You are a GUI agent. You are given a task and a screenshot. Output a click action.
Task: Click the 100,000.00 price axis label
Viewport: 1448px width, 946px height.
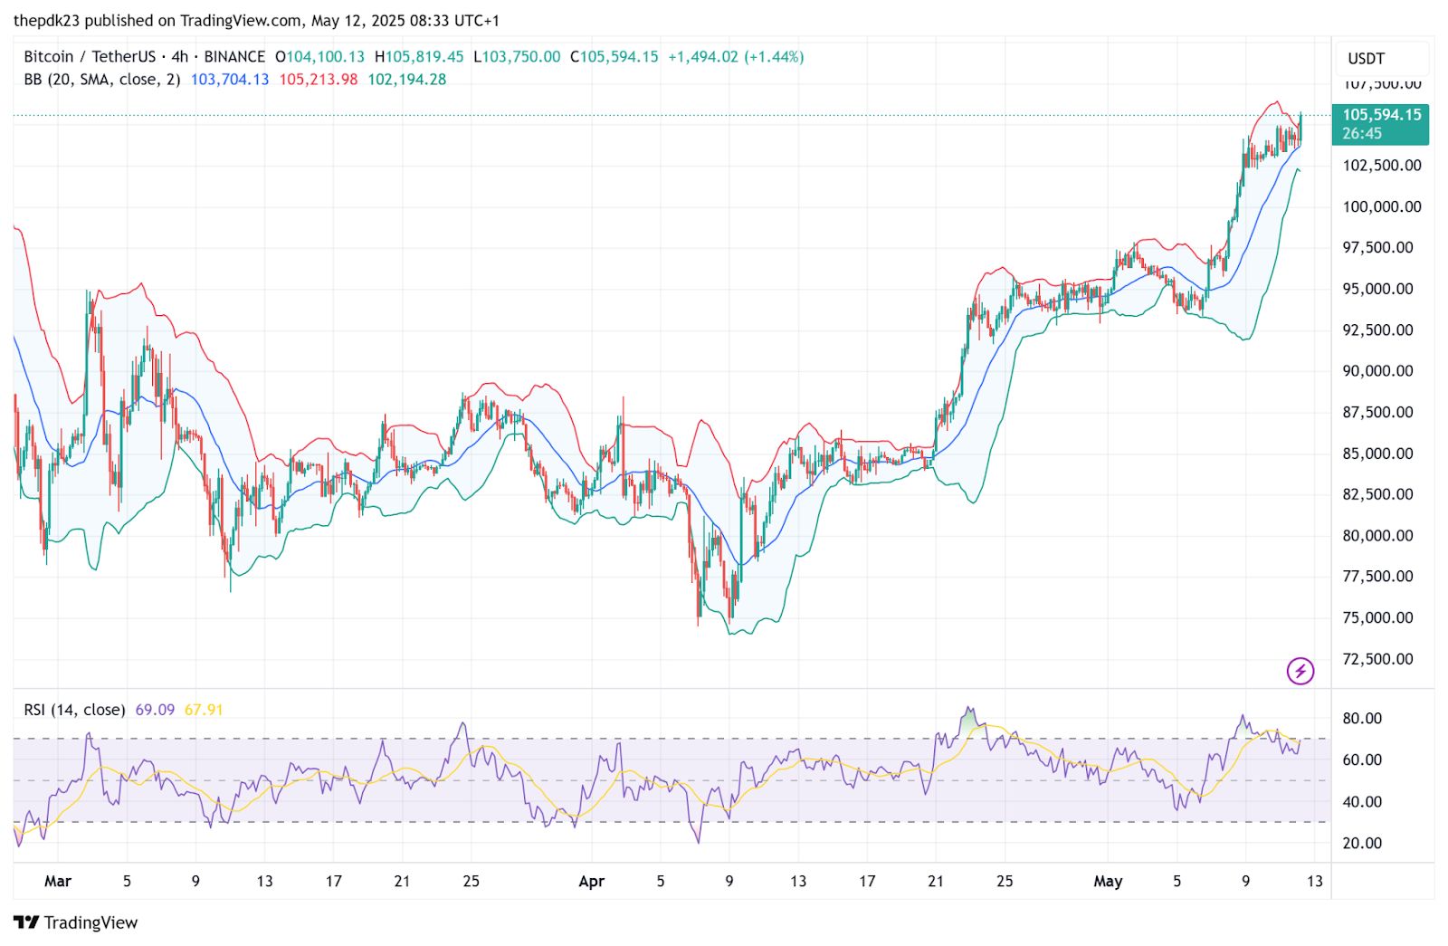tap(1381, 206)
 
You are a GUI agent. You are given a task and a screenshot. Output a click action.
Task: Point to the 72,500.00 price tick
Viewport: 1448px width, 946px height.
tap(1377, 659)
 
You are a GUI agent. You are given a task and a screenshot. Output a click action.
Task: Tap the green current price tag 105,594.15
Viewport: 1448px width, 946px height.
tap(1381, 124)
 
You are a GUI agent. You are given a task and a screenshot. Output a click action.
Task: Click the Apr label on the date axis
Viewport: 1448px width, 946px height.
tap(591, 881)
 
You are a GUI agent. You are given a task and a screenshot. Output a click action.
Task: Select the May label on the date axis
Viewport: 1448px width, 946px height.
tap(1108, 881)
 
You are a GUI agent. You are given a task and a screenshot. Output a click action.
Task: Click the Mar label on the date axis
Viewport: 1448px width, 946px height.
tap(58, 881)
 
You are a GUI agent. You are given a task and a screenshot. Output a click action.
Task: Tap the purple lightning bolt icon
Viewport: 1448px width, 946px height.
tap(1300, 671)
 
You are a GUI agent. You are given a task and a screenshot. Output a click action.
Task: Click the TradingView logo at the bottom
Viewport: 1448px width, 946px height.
tap(77, 922)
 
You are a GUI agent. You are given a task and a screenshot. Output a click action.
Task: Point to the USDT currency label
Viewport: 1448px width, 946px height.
tap(1366, 59)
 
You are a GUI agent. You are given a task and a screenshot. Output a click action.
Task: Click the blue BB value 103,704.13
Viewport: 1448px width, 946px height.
tap(230, 80)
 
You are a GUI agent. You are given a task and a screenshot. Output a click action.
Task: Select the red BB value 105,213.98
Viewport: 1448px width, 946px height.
tap(318, 80)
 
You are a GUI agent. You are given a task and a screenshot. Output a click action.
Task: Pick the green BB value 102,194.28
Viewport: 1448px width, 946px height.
tap(406, 80)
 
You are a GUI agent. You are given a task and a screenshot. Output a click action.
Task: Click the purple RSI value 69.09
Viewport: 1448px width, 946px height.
tap(155, 710)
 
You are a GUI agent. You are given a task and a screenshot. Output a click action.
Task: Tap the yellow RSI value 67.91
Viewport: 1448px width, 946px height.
tap(204, 710)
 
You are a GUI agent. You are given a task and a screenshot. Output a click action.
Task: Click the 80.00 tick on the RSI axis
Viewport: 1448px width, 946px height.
tap(1362, 719)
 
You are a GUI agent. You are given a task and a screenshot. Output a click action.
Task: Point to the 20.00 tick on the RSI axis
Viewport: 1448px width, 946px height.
tap(1362, 843)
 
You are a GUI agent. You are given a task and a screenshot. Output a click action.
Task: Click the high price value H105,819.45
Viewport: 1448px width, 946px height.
tap(419, 56)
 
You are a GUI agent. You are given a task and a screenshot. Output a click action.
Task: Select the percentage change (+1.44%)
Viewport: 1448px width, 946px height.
tap(774, 56)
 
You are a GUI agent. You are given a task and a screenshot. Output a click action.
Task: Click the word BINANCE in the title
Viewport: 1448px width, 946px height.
tap(234, 56)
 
